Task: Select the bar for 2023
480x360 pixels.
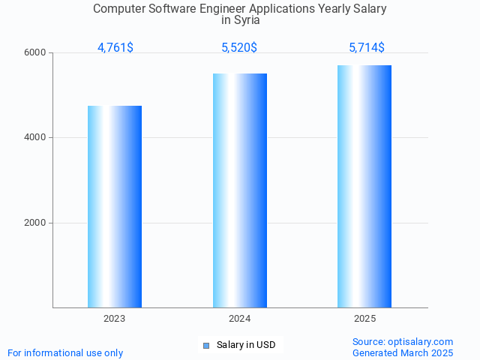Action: point(115,206)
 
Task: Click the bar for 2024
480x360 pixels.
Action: point(240,190)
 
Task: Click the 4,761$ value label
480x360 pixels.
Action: point(115,48)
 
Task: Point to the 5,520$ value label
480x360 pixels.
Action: point(239,48)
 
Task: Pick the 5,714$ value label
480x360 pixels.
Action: point(367,48)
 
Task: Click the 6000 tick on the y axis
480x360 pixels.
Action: point(36,53)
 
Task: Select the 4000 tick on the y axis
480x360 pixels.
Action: point(36,138)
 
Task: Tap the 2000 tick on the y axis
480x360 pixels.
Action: point(36,223)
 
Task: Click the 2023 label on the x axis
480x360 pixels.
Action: point(115,319)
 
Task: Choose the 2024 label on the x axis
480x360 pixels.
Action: point(240,319)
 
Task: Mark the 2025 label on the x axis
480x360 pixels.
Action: point(364,319)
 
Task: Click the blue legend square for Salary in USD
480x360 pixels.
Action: point(206,346)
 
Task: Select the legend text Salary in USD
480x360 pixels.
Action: point(246,345)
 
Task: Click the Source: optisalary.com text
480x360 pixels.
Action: point(403,342)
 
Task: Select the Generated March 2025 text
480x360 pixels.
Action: point(403,353)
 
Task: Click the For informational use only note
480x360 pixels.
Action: point(65,353)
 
